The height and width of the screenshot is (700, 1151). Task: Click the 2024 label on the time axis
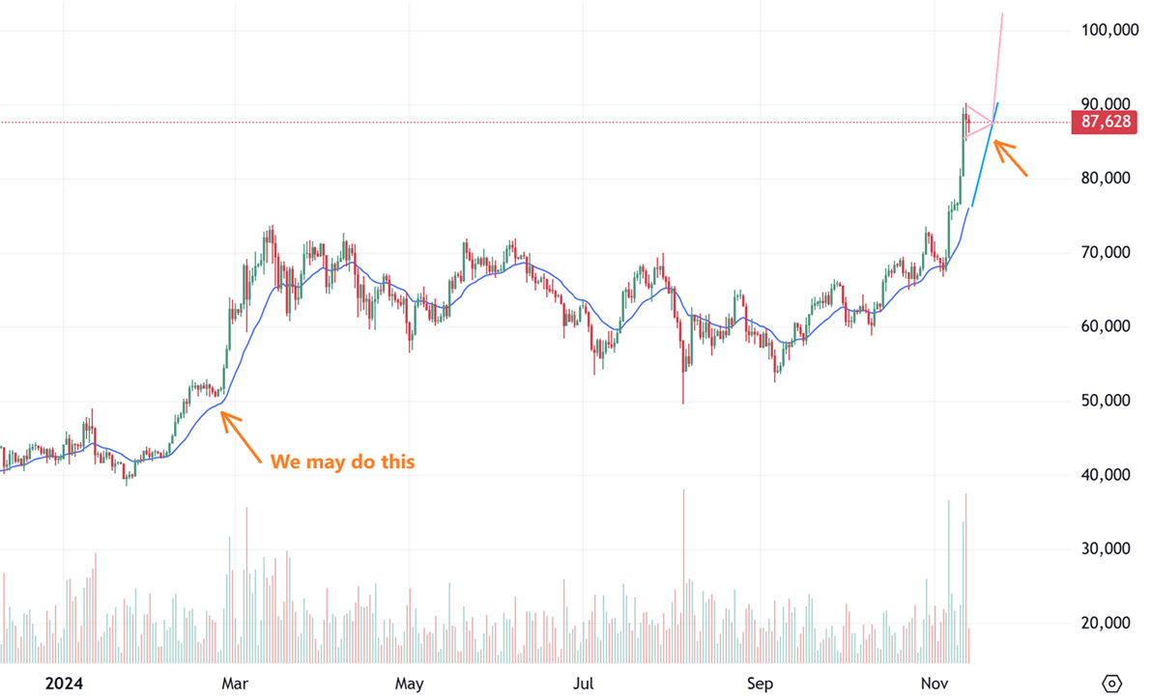point(64,685)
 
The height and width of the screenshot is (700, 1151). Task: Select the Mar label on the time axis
point(236,685)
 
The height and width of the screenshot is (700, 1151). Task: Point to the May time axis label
point(409,685)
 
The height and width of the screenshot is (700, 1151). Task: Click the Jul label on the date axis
point(584,685)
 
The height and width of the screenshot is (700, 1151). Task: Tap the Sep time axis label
point(760,685)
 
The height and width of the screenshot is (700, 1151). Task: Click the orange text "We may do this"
point(342,462)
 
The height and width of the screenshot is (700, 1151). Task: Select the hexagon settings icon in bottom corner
point(1112,684)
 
